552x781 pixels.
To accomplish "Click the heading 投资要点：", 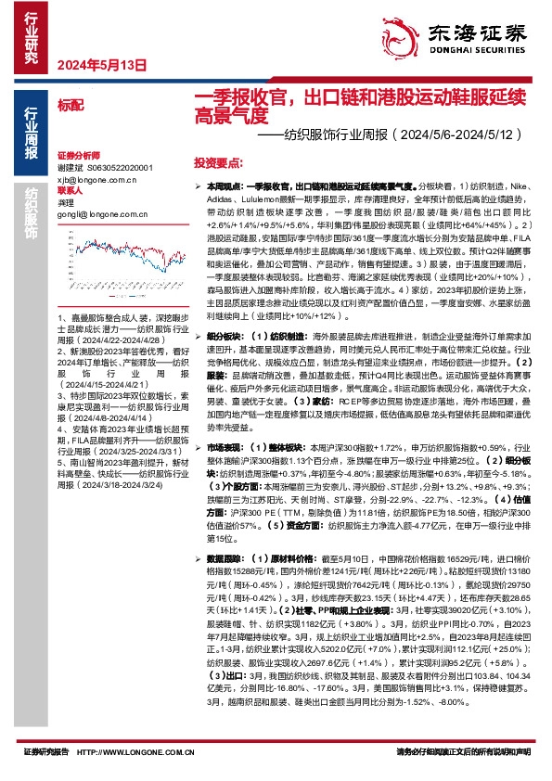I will pos(218,161).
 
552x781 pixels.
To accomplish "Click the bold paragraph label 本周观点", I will pos(224,186).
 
